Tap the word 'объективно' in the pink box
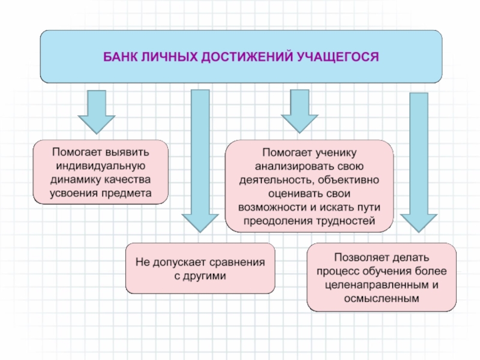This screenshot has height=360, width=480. [348, 179]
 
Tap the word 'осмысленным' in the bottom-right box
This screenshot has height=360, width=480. [382, 298]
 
